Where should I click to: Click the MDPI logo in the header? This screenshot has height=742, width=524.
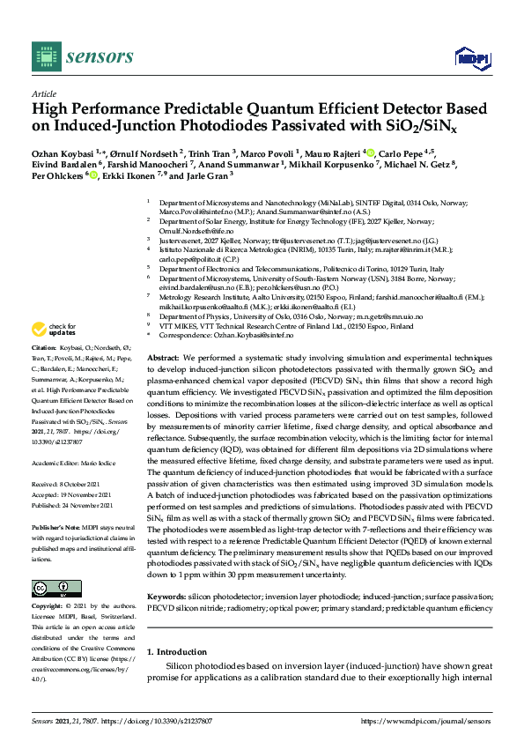click(x=471, y=58)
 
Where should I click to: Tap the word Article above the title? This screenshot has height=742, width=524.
click(x=44, y=93)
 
